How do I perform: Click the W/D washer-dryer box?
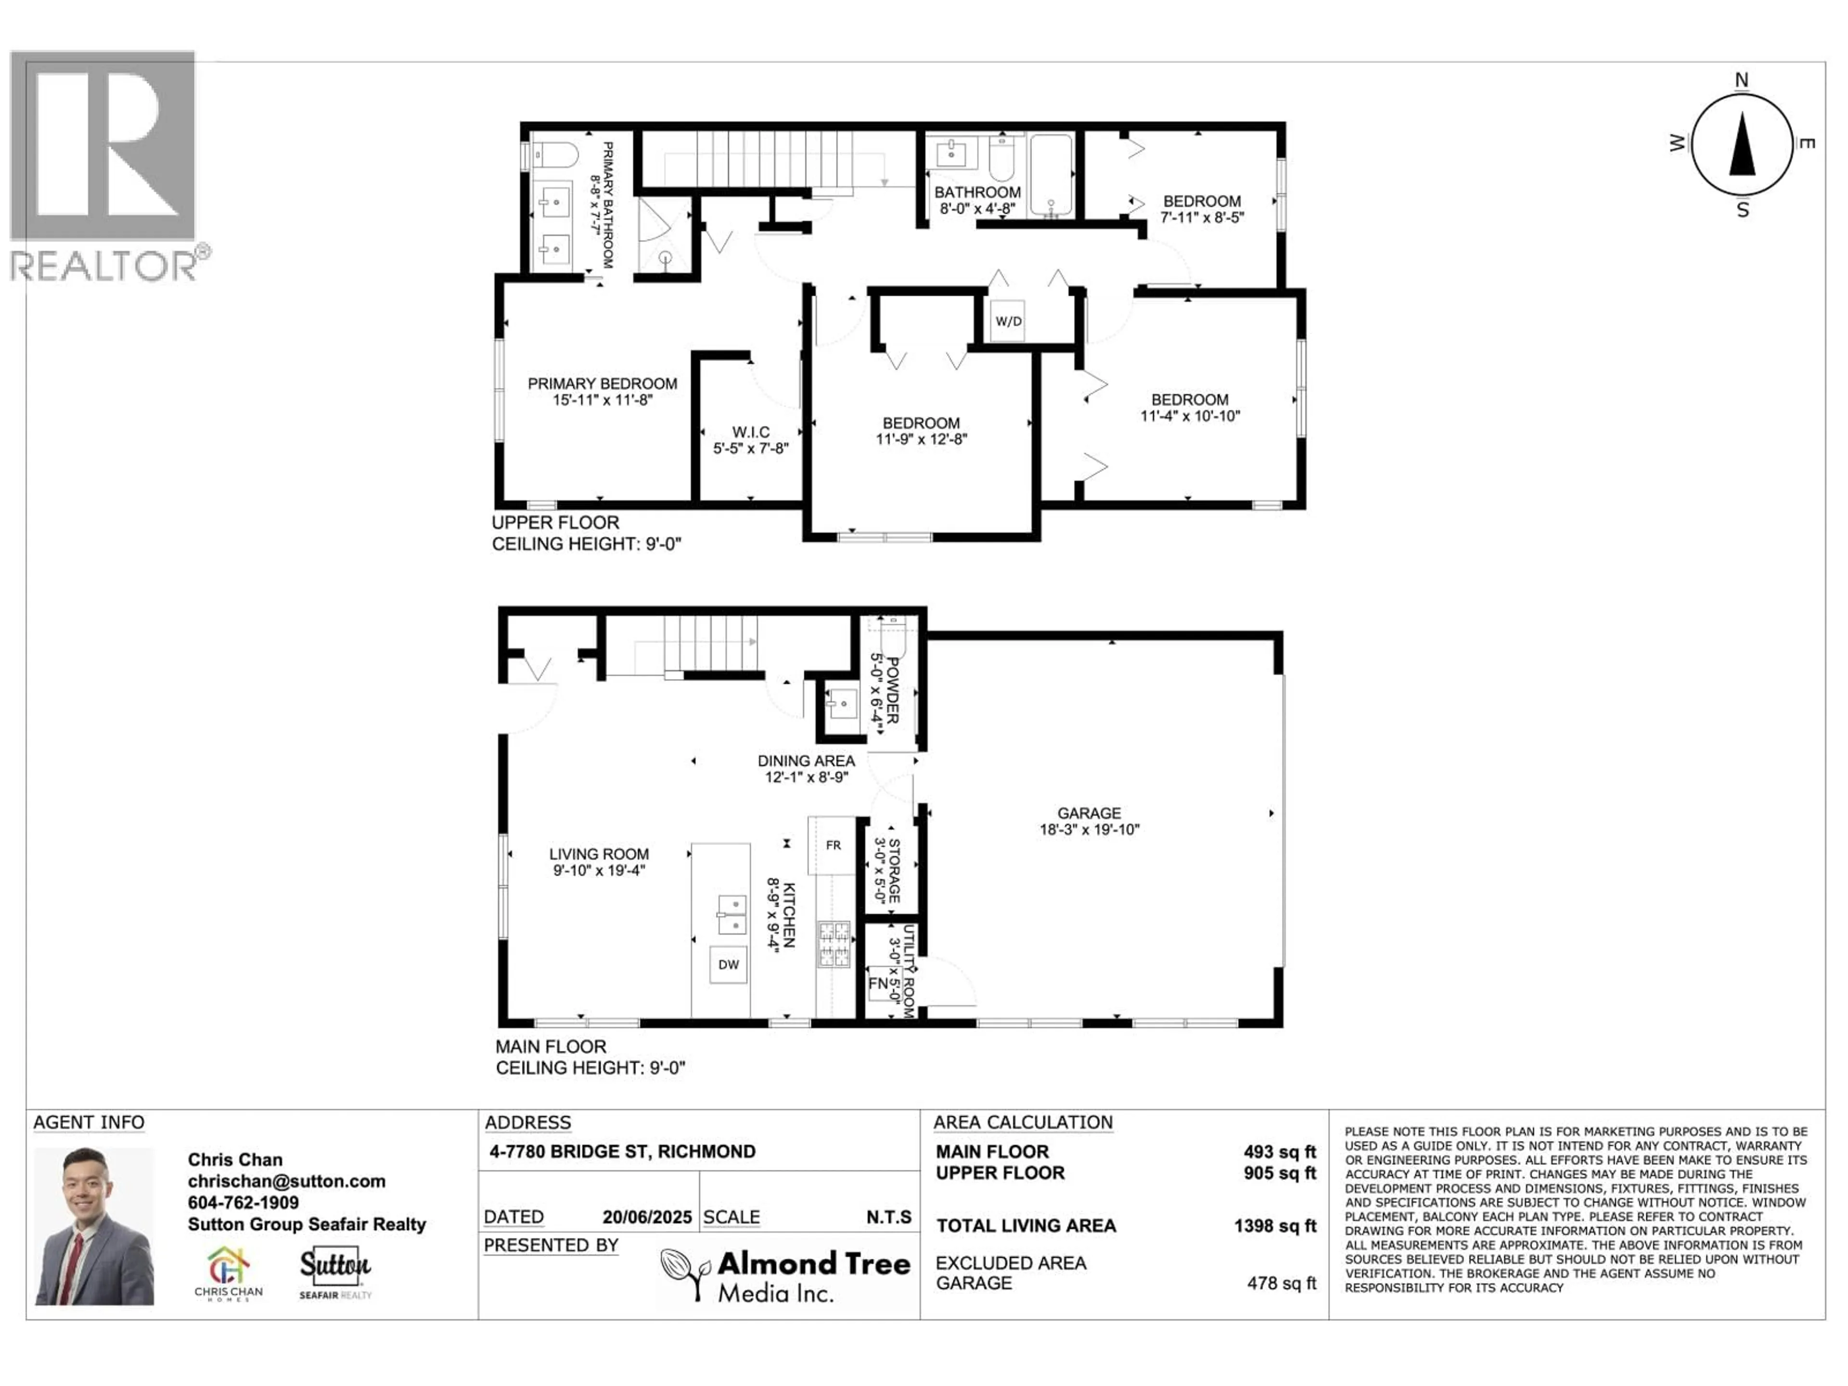click(x=1008, y=321)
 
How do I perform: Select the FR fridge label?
click(x=833, y=846)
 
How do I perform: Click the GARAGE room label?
click(x=1089, y=813)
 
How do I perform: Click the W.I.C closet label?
click(x=750, y=432)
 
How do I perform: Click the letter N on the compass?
click(x=1742, y=80)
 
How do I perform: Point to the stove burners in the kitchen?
click(x=833, y=944)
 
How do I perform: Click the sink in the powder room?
click(x=841, y=704)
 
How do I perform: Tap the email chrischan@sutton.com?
click(x=286, y=1181)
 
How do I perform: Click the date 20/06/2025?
click(x=647, y=1217)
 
